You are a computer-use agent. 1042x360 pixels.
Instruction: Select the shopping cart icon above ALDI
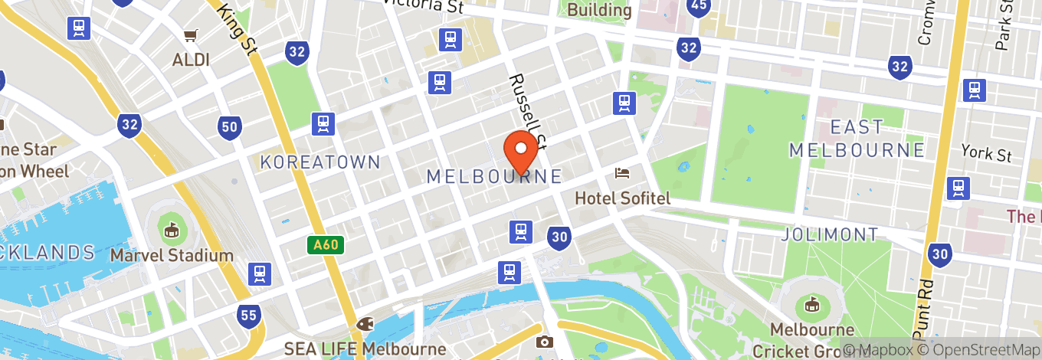[190, 35]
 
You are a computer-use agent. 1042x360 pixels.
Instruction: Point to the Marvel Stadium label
[172, 255]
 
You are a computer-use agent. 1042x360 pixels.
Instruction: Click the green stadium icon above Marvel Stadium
[171, 228]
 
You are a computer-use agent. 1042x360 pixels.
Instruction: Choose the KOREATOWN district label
[320, 162]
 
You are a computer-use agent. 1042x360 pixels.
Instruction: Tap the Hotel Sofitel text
[622, 198]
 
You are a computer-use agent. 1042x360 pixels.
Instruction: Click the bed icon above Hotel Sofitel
[622, 173]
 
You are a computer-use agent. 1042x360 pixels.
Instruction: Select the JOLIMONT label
[830, 234]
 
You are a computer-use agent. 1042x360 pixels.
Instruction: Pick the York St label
[987, 152]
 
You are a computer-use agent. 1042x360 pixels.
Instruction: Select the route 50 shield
[230, 127]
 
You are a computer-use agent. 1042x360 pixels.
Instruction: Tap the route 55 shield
[248, 315]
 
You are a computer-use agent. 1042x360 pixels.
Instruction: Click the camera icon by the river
[545, 342]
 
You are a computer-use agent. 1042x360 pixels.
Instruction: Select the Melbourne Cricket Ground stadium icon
[811, 306]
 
